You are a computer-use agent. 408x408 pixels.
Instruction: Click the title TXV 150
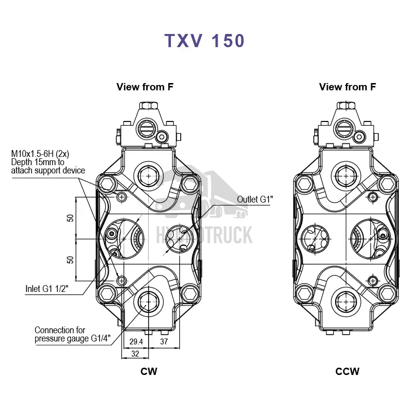[x=204, y=41]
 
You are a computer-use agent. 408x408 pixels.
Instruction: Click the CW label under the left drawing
[x=149, y=372]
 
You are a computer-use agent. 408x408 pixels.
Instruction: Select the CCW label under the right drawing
[x=347, y=372]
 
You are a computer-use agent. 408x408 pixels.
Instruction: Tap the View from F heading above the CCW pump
[x=347, y=87]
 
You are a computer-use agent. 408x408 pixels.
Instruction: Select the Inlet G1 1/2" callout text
[x=47, y=289]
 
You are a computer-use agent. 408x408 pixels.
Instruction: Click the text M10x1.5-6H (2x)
[x=40, y=154]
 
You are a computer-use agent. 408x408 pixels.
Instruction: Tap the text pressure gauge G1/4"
[x=73, y=339]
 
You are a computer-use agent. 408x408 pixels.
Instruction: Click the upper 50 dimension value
[x=71, y=218]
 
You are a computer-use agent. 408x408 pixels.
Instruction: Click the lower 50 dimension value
[x=71, y=259]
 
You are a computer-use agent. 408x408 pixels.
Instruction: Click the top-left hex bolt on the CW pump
[x=106, y=185]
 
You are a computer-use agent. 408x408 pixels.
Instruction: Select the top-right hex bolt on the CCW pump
[x=387, y=184]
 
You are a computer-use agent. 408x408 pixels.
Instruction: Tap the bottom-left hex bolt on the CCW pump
[x=304, y=293]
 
